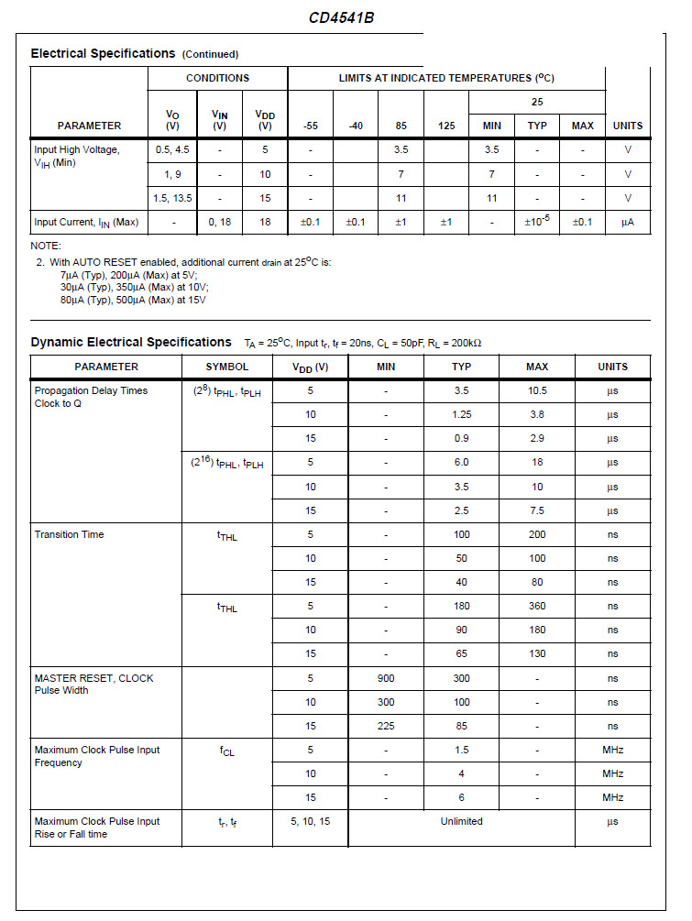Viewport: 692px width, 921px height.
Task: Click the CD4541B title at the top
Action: (x=340, y=17)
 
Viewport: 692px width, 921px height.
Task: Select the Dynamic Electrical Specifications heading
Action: (x=131, y=342)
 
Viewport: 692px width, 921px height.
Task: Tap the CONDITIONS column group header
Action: (x=217, y=78)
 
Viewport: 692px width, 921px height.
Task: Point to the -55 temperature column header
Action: (x=311, y=126)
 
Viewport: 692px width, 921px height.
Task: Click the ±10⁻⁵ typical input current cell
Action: (x=537, y=221)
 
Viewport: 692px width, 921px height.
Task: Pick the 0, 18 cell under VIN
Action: (x=219, y=222)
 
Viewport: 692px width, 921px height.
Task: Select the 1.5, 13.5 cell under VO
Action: (x=173, y=198)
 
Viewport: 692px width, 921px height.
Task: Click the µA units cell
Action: (x=628, y=222)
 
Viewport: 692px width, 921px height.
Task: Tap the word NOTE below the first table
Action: (x=46, y=246)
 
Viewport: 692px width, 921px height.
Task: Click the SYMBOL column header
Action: (x=226, y=367)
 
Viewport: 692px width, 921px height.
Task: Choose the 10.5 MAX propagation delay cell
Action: (x=537, y=390)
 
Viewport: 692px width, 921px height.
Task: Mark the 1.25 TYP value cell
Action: (x=461, y=414)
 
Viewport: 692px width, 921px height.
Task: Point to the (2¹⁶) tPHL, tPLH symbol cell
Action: (x=226, y=463)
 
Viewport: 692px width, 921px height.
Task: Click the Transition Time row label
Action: (x=69, y=534)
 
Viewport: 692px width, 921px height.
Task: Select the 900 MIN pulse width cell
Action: (x=386, y=678)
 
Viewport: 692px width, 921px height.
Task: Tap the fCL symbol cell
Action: (x=226, y=751)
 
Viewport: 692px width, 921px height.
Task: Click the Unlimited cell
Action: (x=461, y=821)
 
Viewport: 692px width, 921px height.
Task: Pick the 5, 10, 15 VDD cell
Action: (x=311, y=821)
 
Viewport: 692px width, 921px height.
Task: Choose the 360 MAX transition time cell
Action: (x=537, y=606)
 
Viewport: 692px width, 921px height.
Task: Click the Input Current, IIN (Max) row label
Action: (x=86, y=222)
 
